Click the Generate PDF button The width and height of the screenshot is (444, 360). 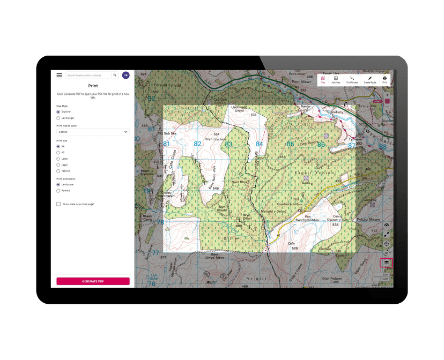coord(93,281)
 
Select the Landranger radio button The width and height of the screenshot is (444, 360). coord(58,118)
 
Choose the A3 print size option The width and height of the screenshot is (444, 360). coord(58,152)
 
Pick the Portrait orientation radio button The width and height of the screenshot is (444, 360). coord(58,190)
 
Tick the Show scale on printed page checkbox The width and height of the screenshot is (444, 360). coord(58,204)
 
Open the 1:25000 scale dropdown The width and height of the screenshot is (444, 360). coord(93,131)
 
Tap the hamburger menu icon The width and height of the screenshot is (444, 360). coord(60,76)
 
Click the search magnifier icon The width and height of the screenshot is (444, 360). coord(115,76)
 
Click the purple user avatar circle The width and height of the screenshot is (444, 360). coord(125,76)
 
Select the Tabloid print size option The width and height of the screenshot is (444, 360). coord(58,171)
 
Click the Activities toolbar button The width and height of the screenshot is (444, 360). coord(336,80)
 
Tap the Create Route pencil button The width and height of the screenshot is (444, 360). coord(370,80)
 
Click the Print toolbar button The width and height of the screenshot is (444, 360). coord(384,80)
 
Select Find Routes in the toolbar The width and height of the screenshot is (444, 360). coord(352,80)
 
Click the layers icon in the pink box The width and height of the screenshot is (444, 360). coord(386,262)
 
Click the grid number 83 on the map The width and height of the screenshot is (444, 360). coord(228,144)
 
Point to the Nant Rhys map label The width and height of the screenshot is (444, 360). coord(239,182)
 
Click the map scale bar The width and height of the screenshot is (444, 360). coord(382,276)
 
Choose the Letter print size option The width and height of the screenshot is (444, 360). coord(58,159)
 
